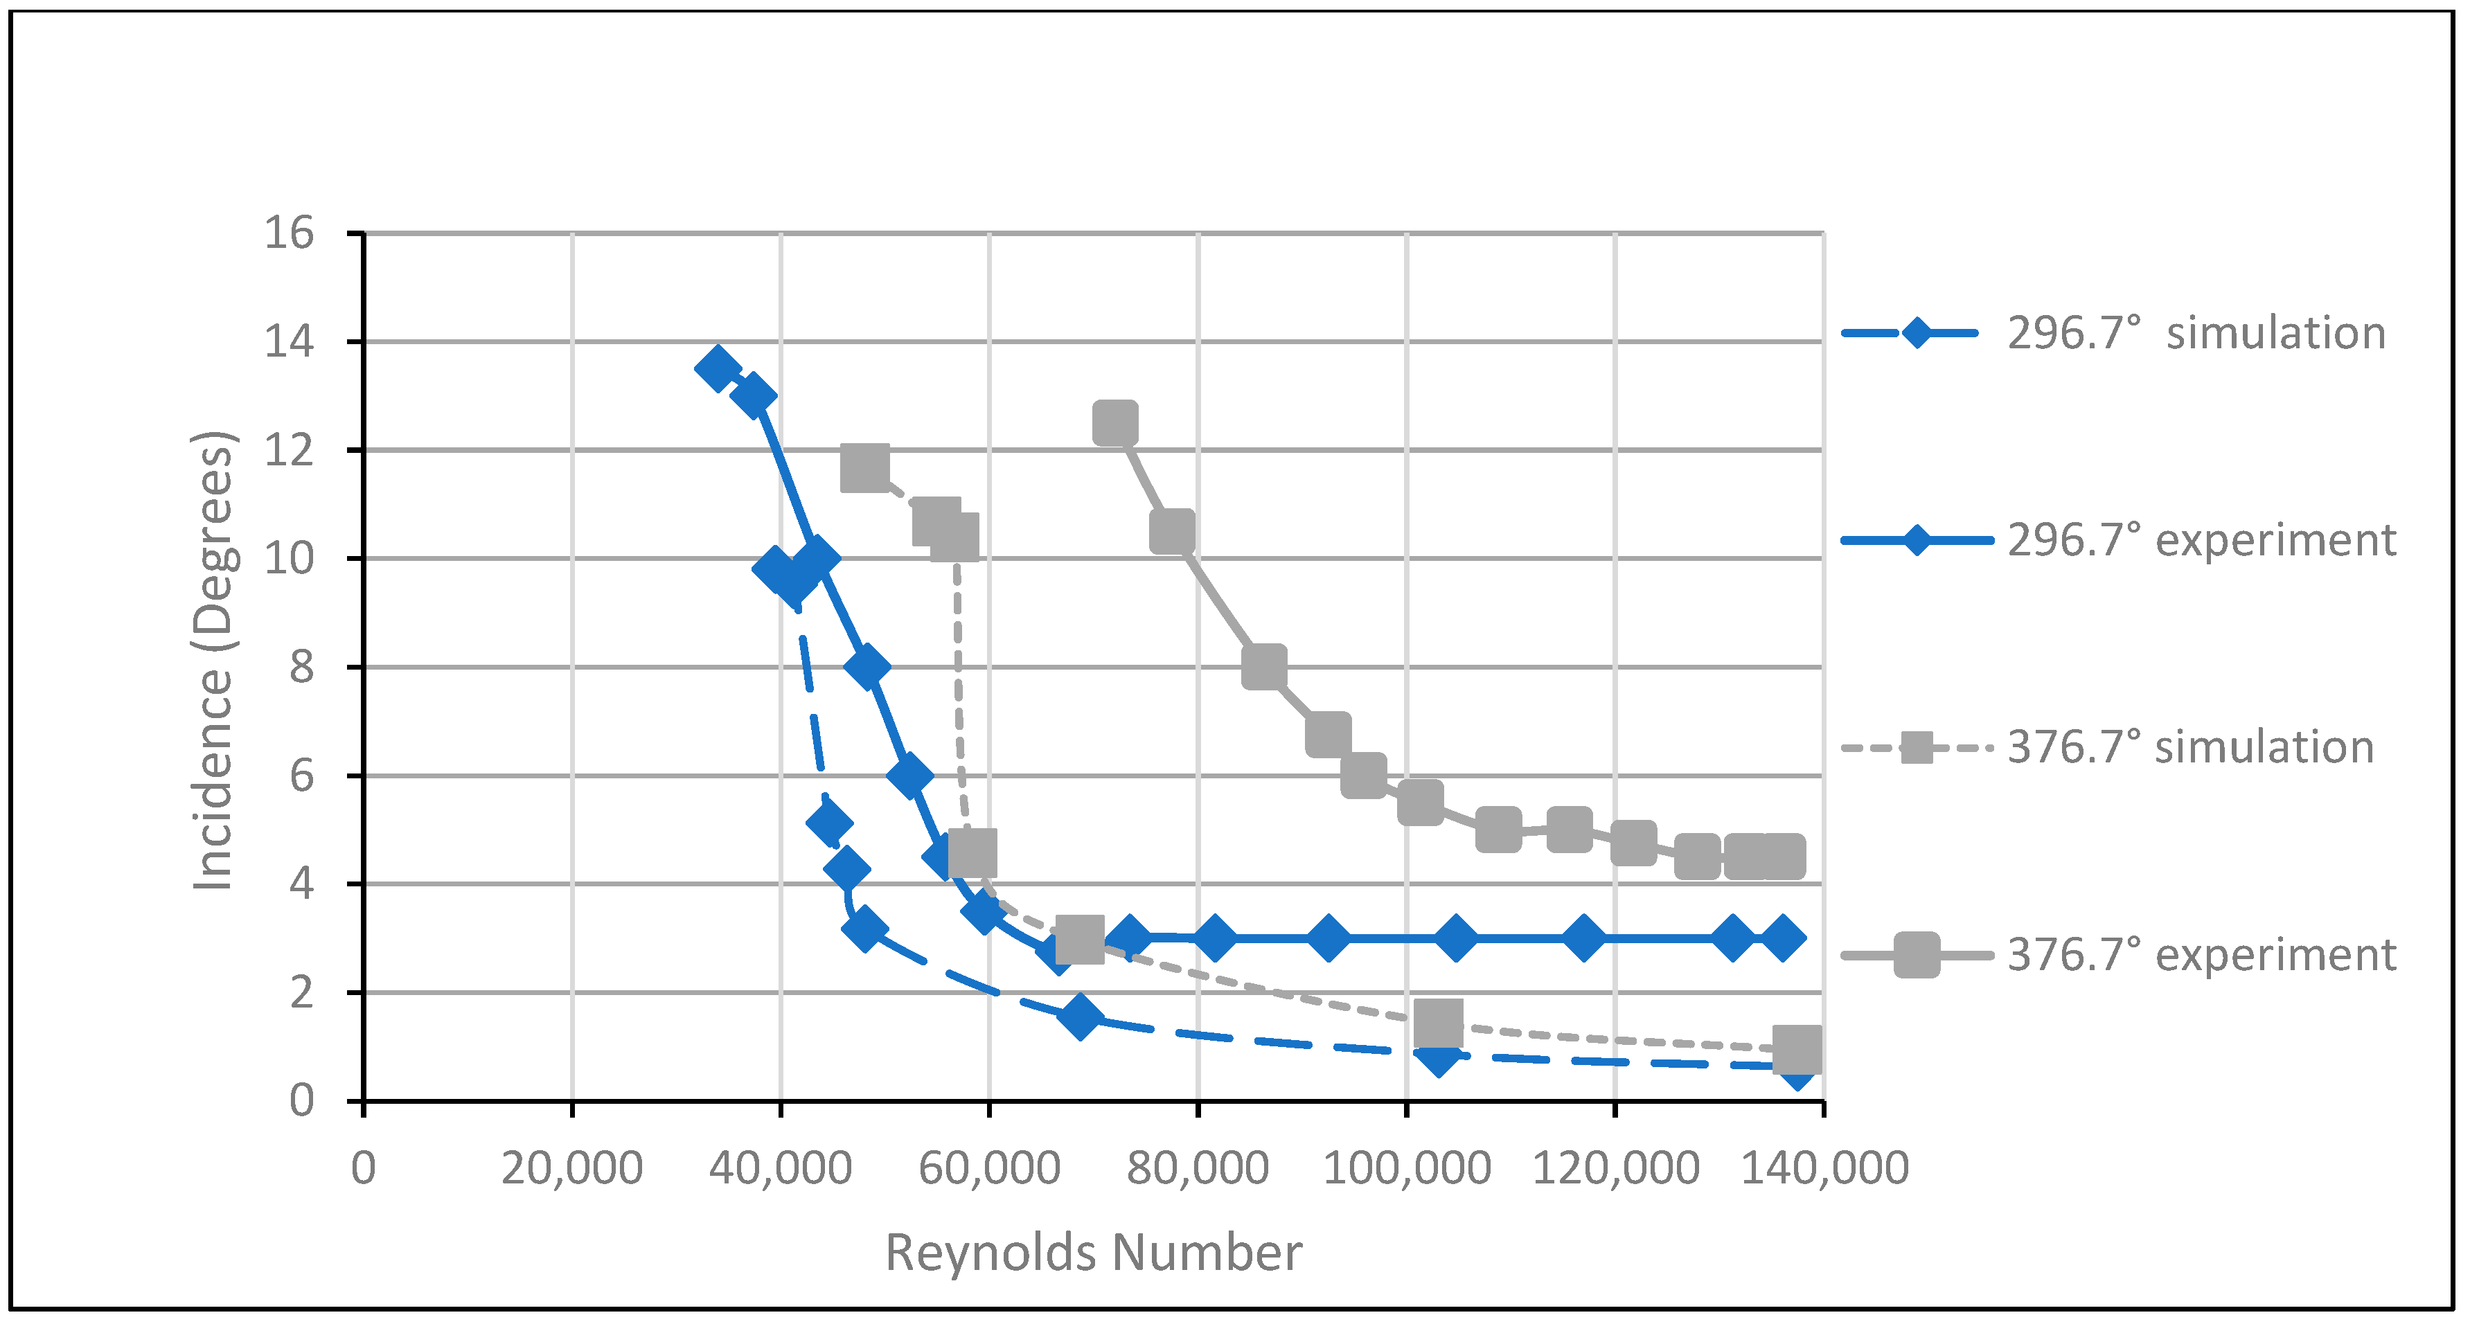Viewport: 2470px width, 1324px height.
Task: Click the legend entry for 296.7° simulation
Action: pos(2196,334)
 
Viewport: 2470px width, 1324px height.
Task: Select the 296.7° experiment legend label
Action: pos(2201,541)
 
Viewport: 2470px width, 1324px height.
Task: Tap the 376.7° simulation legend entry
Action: pos(2190,748)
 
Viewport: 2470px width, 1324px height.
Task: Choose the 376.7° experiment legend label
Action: pos(2201,955)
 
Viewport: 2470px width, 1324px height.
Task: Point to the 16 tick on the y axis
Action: pos(289,233)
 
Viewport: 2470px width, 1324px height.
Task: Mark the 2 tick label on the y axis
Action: pos(301,992)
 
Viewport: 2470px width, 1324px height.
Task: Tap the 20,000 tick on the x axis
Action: pos(571,1168)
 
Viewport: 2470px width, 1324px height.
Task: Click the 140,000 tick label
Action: pos(1824,1168)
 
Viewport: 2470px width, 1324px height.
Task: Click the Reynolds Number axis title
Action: pos(1093,1252)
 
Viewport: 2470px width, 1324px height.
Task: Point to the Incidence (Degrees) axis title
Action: pos(213,661)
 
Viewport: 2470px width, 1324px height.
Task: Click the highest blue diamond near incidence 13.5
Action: pos(717,368)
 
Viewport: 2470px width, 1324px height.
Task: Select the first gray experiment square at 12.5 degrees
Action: pos(1115,423)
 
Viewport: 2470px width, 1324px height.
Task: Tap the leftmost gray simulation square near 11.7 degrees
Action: pos(864,468)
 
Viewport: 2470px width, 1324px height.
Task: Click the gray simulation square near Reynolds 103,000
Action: pos(1438,1023)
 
